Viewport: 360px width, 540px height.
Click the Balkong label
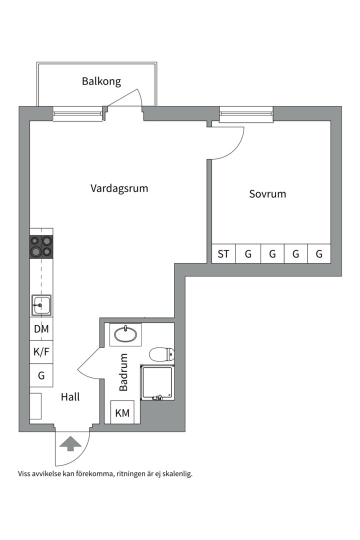(x=101, y=81)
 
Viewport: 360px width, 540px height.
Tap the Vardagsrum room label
(x=119, y=188)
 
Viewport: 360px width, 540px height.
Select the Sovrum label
(x=267, y=193)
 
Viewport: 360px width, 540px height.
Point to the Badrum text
(x=123, y=372)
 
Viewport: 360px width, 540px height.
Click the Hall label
(x=70, y=397)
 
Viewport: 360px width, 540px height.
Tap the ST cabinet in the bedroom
(x=223, y=254)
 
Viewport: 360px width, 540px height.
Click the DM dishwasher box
(x=41, y=329)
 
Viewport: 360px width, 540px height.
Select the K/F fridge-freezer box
(x=41, y=351)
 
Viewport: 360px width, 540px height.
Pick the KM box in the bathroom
(x=122, y=413)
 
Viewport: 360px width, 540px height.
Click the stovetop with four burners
(x=41, y=246)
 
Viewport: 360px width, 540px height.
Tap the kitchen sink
(x=41, y=304)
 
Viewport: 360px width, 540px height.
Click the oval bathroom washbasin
(x=125, y=334)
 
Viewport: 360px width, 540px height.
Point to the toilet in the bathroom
(x=162, y=354)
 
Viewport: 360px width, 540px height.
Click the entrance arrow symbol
(x=70, y=443)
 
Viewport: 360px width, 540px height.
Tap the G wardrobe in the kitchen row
(x=41, y=375)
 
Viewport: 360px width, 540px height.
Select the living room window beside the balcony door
(x=78, y=114)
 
